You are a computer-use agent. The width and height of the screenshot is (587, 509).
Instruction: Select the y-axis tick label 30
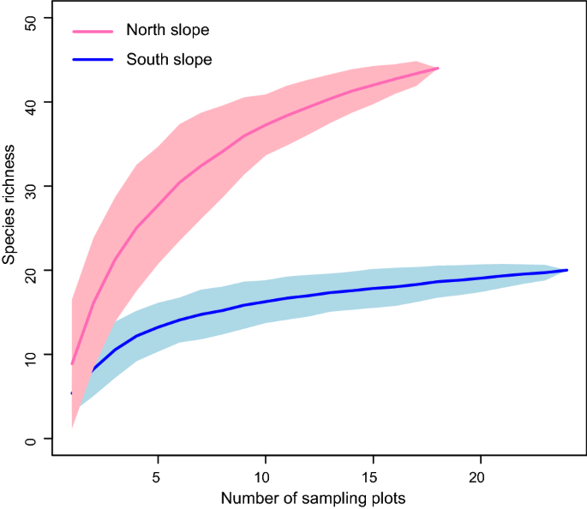pyautogui.click(x=32, y=187)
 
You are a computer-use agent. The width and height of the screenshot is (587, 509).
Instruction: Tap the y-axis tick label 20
pyautogui.click(x=32, y=271)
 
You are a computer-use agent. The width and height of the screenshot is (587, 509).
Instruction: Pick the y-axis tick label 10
pyautogui.click(x=32, y=355)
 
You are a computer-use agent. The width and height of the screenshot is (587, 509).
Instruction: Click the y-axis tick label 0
pyautogui.click(x=32, y=440)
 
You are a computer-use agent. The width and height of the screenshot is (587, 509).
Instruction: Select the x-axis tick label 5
pyautogui.click(x=158, y=476)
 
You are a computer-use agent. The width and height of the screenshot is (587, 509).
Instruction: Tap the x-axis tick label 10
pyautogui.click(x=265, y=476)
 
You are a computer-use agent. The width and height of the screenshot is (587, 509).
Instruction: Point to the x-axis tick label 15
pyautogui.click(x=373, y=476)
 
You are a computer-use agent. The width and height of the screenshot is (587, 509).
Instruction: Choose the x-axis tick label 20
pyautogui.click(x=481, y=476)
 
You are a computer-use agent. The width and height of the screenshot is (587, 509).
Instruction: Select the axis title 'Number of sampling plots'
pyautogui.click(x=312, y=498)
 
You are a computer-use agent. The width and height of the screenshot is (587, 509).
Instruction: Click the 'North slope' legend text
pyautogui.click(x=167, y=31)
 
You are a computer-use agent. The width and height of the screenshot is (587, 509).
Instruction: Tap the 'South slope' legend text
pyautogui.click(x=169, y=60)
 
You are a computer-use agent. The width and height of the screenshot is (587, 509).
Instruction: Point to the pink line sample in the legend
pyautogui.click(x=92, y=31)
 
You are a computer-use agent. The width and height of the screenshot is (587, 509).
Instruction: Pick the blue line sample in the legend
pyautogui.click(x=92, y=60)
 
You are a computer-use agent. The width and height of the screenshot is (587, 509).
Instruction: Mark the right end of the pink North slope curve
pyautogui.click(x=438, y=69)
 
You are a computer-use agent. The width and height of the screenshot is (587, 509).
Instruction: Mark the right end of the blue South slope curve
pyautogui.click(x=567, y=270)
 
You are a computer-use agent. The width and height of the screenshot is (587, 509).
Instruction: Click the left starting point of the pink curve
pyautogui.click(x=72, y=363)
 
